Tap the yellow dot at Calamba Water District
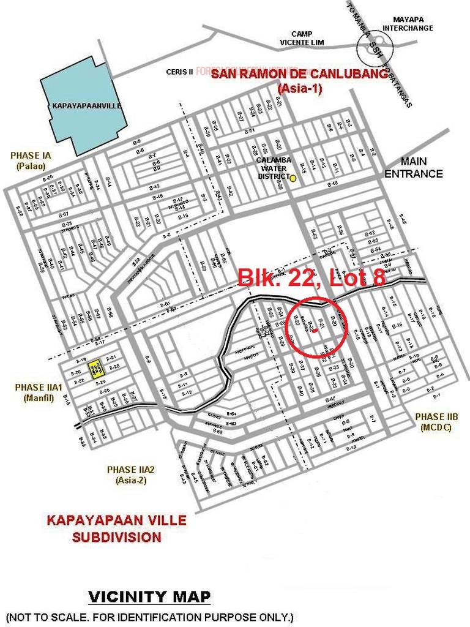293,178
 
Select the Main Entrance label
422,168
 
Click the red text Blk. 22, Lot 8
311,278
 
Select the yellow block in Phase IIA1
95,367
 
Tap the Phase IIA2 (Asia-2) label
130,475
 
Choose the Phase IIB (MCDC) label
436,422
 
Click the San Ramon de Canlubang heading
299,80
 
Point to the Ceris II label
179,72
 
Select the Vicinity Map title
150,596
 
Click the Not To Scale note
150,615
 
